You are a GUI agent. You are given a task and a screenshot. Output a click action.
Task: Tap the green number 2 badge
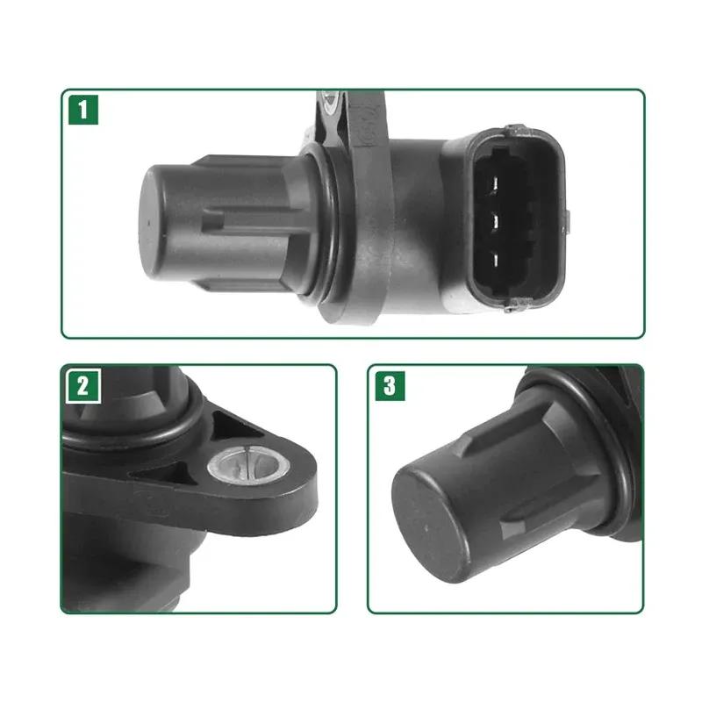pos(82,386)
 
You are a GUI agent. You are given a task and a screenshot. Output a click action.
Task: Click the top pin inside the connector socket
pos(497,183)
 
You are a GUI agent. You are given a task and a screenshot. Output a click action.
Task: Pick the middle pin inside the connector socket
pos(497,220)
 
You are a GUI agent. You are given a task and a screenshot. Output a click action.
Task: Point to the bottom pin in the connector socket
pos(497,258)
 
